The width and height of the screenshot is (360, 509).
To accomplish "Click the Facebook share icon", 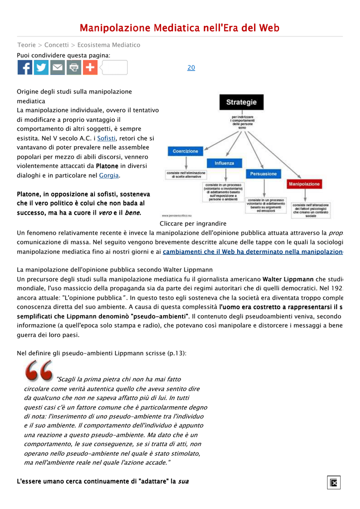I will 25,68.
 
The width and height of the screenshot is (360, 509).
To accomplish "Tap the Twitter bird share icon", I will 41,68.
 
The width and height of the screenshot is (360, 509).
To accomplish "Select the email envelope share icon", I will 58,68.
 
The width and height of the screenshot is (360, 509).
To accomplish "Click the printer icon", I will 74,68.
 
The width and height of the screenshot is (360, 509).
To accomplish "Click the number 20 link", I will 191,68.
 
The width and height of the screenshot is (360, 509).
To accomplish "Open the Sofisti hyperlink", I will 106,138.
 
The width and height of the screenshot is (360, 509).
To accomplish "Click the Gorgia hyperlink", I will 109,175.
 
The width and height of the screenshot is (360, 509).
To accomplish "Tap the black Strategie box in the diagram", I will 242,102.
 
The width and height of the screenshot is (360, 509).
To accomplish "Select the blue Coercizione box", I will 185,151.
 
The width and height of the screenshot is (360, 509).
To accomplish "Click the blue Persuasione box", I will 264,174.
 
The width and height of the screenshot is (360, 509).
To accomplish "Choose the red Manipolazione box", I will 304,184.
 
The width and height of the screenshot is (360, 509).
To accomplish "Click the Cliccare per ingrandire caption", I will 193,224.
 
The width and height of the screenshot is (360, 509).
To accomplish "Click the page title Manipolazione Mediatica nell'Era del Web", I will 180,28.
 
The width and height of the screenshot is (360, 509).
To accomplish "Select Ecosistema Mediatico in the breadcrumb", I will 109,45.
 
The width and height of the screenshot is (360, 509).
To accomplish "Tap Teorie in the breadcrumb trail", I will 26,45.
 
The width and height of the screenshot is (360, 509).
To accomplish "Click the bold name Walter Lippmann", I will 288,279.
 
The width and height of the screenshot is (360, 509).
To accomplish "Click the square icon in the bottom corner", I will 334,482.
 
